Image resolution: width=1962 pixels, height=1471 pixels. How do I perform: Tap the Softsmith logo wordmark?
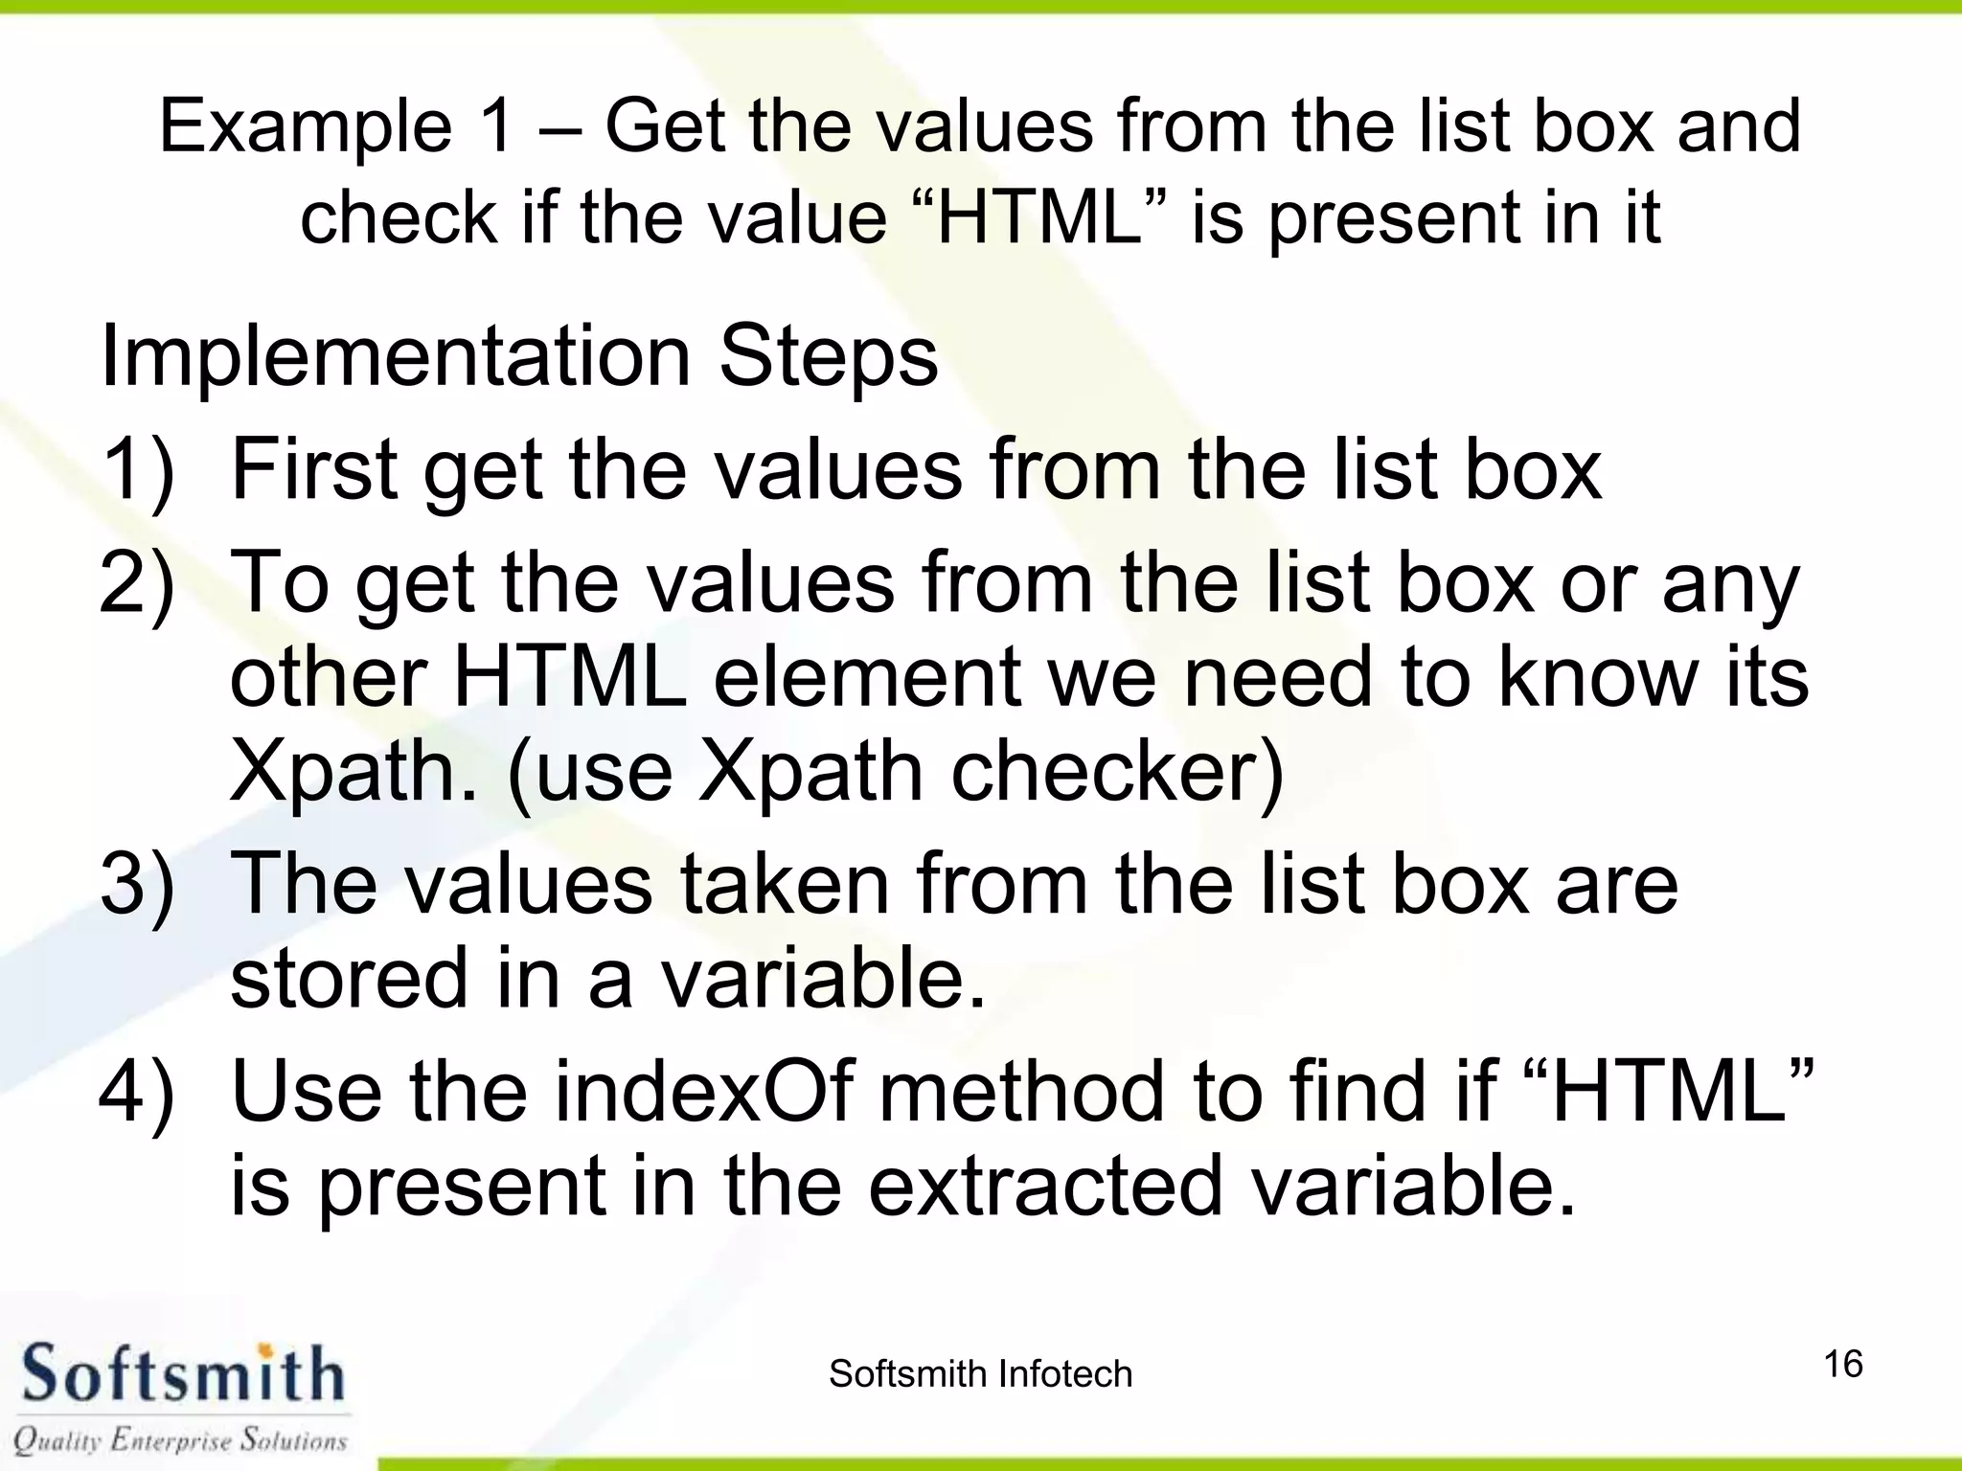click(x=182, y=1375)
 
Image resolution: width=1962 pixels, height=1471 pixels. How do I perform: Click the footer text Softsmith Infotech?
click(x=980, y=1374)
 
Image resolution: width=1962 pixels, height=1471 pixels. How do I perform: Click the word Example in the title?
click(x=306, y=128)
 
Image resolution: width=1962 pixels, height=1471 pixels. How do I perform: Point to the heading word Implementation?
click(x=395, y=356)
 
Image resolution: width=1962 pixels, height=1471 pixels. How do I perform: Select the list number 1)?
click(x=138, y=469)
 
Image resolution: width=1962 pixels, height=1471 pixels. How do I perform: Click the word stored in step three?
click(x=351, y=978)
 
